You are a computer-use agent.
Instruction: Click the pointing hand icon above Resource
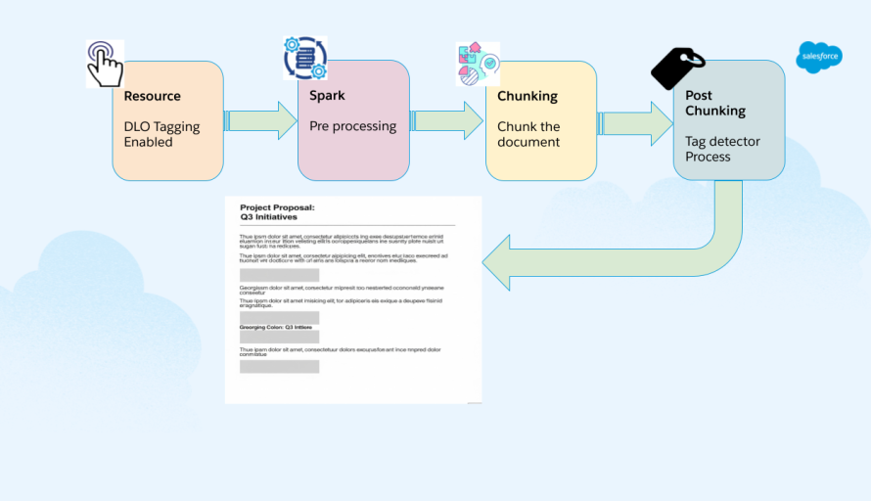[x=105, y=64]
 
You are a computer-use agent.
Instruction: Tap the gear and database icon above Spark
[x=304, y=59]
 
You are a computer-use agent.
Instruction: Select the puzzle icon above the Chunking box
[x=478, y=64]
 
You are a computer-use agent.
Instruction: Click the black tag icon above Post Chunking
[x=677, y=68]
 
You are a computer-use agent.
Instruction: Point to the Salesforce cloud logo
[x=819, y=59]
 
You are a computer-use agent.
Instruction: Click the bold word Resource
[x=152, y=96]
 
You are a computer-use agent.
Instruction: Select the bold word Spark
[x=327, y=96]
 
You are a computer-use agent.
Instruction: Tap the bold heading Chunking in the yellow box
[x=527, y=96]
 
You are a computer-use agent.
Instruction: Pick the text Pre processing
[x=352, y=126]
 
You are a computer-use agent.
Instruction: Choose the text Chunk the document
[x=528, y=134]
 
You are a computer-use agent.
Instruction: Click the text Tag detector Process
[x=722, y=149]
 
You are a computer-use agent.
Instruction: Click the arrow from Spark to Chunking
[x=447, y=120]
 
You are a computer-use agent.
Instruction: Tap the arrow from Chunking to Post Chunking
[x=635, y=121]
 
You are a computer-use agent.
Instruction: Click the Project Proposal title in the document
[x=278, y=207]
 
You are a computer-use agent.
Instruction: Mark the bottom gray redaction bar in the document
[x=279, y=366]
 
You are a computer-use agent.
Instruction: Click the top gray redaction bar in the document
[x=279, y=275]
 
